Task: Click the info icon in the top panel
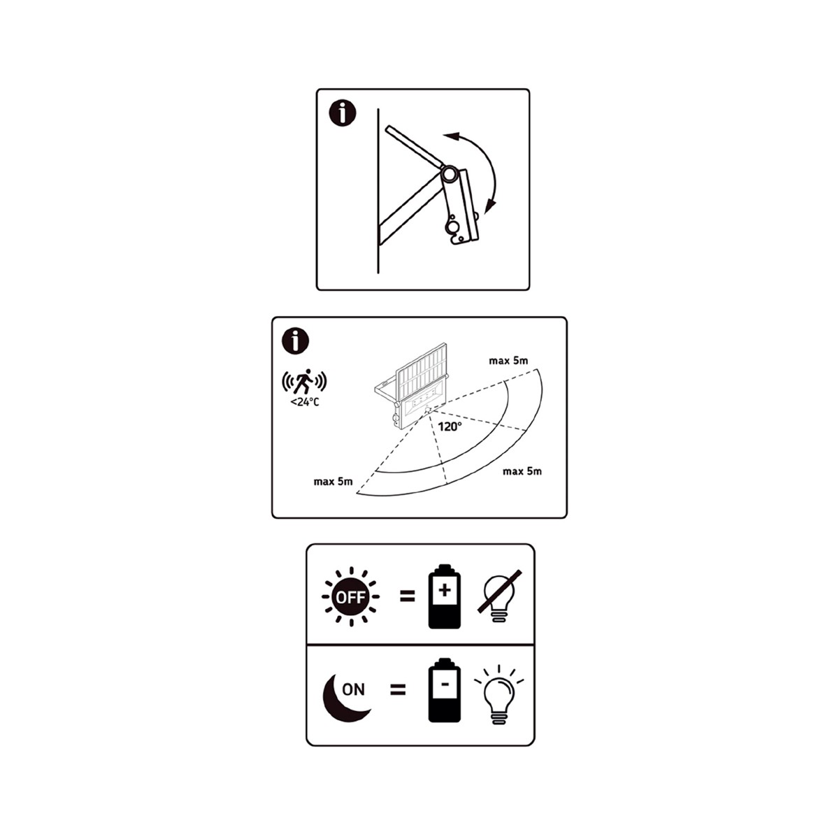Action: click(343, 114)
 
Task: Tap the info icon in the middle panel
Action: click(296, 341)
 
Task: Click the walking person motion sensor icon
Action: click(304, 382)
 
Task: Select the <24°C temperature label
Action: click(305, 402)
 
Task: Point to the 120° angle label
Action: click(450, 426)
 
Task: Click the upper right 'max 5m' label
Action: click(508, 361)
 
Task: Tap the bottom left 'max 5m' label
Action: click(333, 482)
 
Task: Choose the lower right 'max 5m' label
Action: click(522, 471)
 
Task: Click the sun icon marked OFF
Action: click(350, 597)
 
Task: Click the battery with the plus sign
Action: click(445, 596)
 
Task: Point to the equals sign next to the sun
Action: click(408, 596)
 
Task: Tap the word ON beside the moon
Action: click(354, 689)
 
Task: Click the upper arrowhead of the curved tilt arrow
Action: click(451, 136)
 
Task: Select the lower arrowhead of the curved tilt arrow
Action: click(491, 206)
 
